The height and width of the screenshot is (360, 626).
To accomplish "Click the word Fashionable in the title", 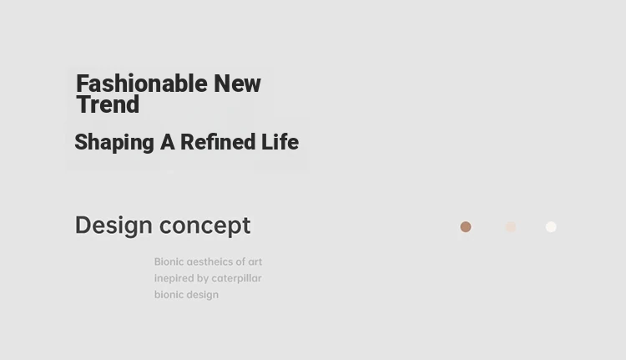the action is click(x=142, y=84).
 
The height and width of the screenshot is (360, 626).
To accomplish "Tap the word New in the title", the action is click(x=237, y=84).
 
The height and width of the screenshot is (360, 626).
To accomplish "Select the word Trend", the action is click(x=108, y=104).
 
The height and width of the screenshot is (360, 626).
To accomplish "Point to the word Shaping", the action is click(x=114, y=143).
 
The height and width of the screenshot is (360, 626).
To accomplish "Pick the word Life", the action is click(x=280, y=142).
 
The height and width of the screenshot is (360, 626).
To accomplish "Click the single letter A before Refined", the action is click(x=167, y=142).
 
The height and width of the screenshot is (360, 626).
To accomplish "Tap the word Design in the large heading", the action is click(x=114, y=226).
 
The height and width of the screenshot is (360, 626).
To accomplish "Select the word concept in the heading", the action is click(x=204, y=226).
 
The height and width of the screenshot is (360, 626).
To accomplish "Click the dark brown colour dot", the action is click(x=466, y=227).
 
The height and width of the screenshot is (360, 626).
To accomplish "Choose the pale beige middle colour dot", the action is click(x=511, y=227).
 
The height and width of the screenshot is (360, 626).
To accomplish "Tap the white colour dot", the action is click(x=551, y=227).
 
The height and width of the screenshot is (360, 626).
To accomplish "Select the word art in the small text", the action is click(x=255, y=262).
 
